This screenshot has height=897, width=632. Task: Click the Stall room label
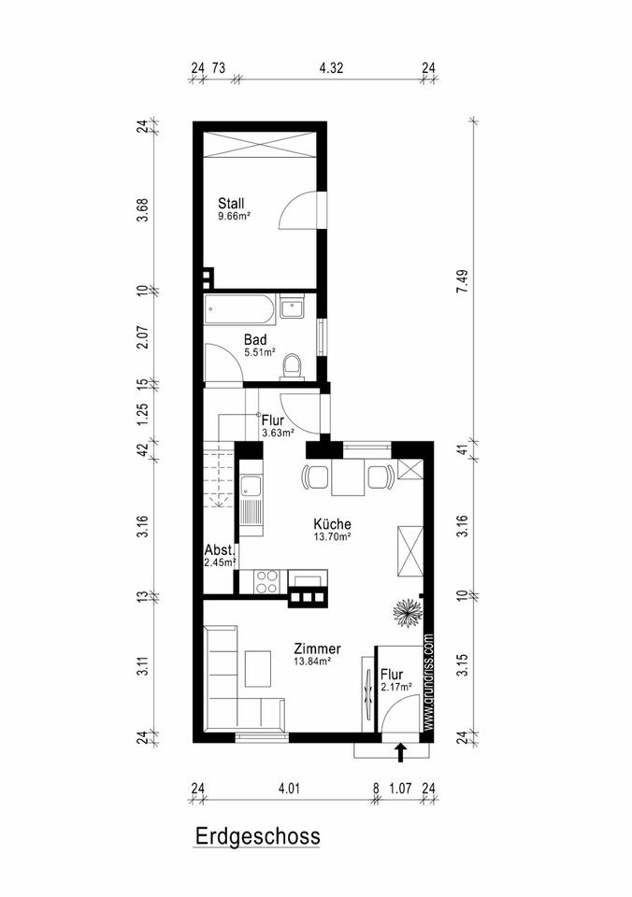(231, 203)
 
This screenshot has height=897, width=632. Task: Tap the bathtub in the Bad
(239, 309)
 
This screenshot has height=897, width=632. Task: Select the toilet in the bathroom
(293, 366)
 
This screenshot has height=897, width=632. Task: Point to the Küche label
(332, 523)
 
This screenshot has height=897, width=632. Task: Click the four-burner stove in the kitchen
(266, 582)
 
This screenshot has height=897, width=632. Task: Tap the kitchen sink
(251, 487)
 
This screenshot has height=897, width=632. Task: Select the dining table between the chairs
(348, 478)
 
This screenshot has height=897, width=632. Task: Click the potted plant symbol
(408, 613)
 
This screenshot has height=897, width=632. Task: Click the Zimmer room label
(317, 648)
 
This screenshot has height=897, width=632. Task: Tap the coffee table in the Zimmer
(258, 668)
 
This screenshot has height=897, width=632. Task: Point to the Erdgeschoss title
(258, 835)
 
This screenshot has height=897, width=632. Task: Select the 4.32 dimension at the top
(331, 68)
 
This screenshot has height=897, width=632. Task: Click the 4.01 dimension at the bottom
(289, 789)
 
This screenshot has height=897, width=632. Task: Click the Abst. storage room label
(220, 550)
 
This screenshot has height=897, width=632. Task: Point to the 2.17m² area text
(396, 687)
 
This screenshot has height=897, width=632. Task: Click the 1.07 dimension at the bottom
(400, 789)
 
